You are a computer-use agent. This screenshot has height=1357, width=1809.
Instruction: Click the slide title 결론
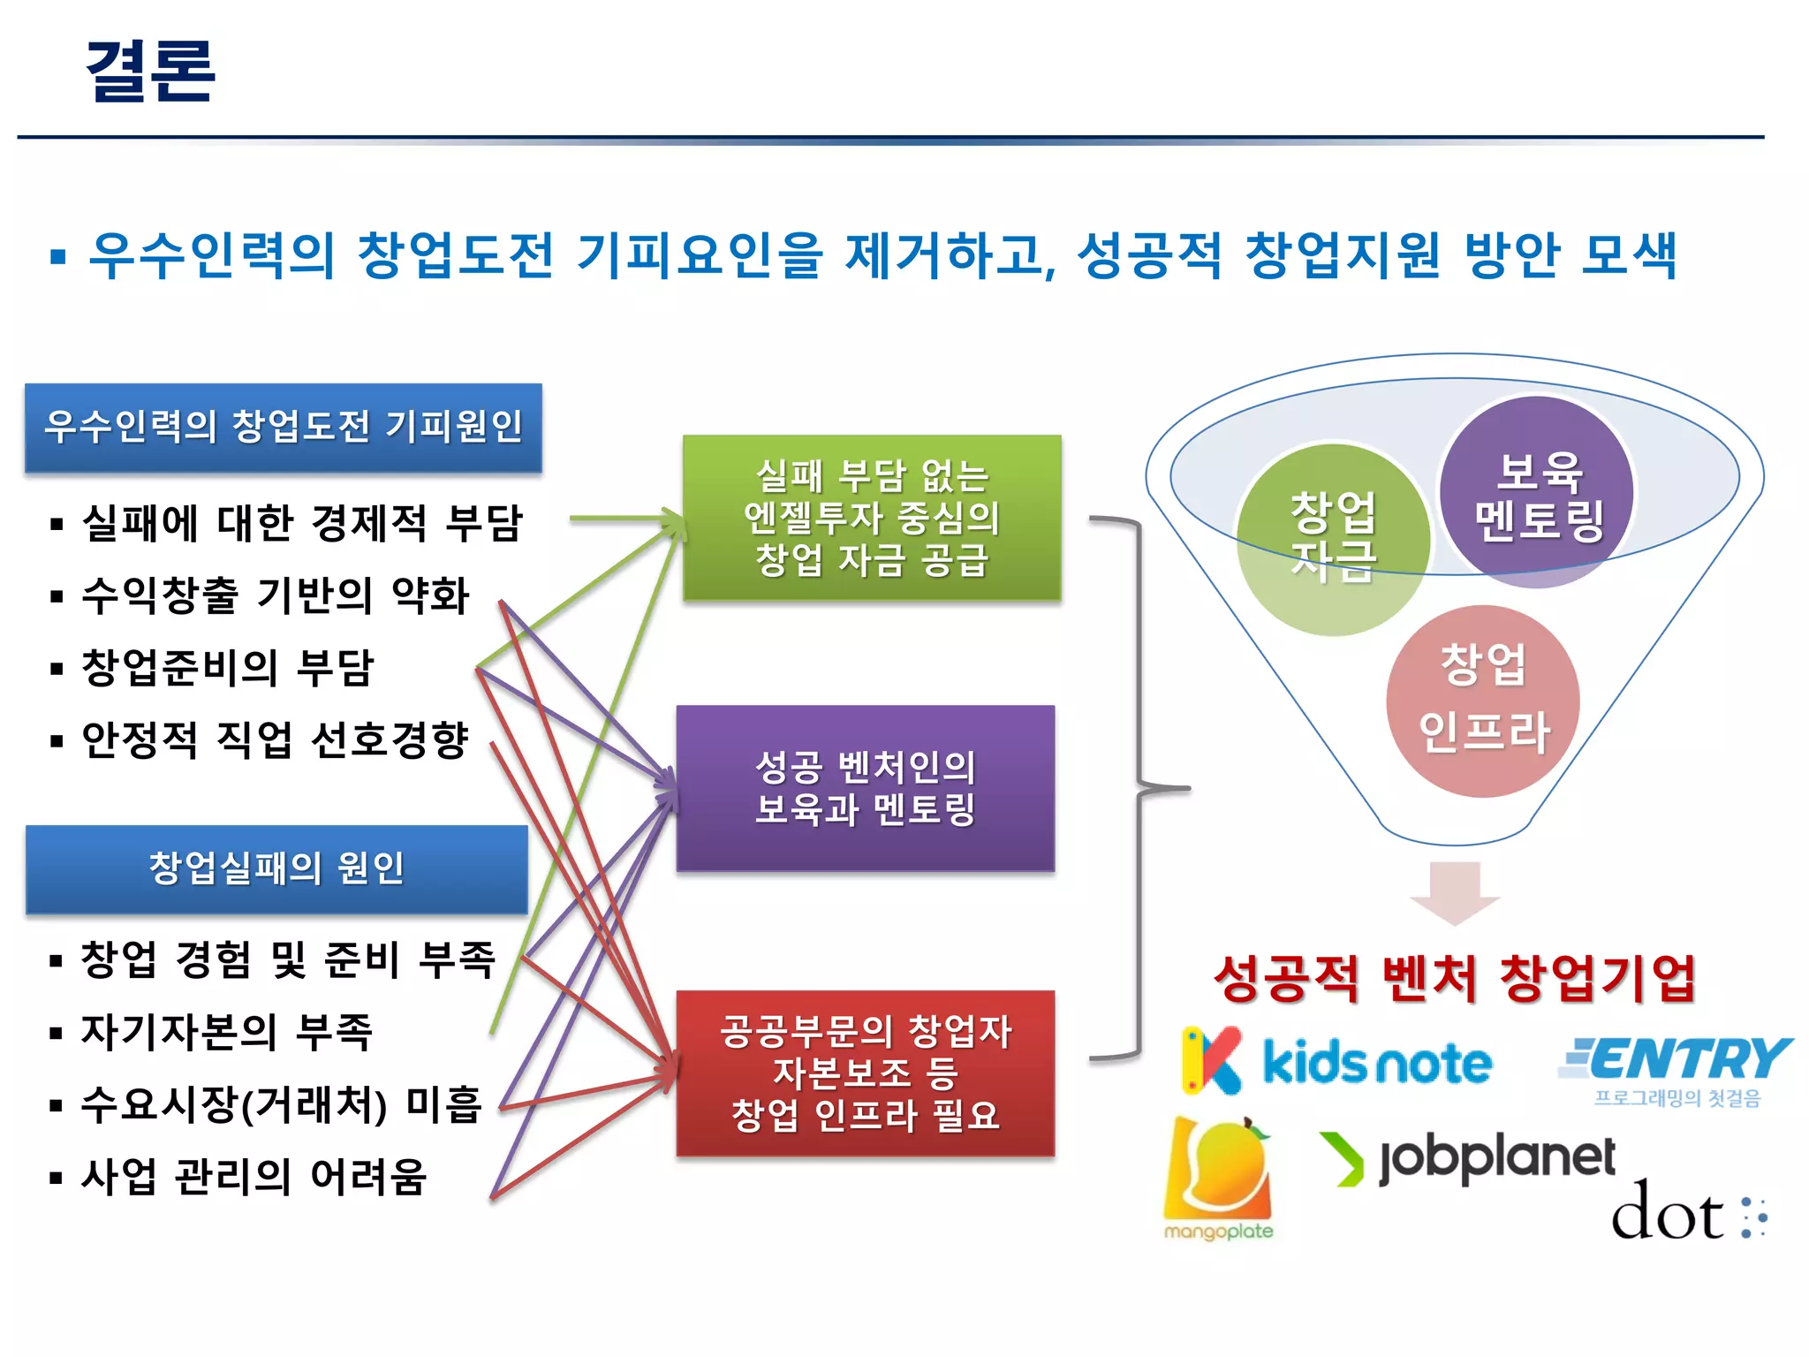coord(150,71)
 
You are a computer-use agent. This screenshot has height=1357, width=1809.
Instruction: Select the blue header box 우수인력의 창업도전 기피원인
coord(283,428)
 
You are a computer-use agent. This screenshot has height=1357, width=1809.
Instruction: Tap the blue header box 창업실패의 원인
coord(276,869)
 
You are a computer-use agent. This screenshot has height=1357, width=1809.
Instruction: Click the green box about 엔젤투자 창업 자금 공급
coord(872,518)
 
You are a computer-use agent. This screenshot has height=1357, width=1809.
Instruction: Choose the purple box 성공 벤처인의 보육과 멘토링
coord(866,788)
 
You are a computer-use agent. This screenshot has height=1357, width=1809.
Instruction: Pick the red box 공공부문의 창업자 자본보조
coord(866,1073)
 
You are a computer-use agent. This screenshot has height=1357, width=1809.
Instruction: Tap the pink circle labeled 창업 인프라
coord(1483,701)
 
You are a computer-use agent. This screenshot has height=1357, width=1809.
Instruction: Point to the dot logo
coord(1688,1212)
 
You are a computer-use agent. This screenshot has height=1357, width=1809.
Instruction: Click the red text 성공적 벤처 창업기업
coord(1455,979)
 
